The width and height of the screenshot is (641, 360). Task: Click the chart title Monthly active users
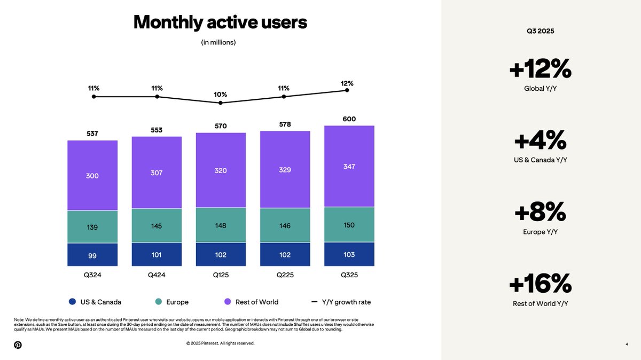220,22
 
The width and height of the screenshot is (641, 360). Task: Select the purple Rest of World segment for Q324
92,175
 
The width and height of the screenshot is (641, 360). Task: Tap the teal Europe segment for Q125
221,225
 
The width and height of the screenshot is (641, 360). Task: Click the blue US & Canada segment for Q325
349,254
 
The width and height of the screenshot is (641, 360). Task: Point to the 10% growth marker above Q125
221,103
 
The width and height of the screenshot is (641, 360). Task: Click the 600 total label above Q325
349,119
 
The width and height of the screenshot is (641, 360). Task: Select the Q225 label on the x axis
285,275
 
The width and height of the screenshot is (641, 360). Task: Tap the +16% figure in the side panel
540,283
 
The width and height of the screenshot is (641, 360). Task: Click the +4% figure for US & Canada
540,140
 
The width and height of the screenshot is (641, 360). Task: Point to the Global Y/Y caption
540,88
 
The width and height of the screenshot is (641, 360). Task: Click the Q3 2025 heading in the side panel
540,31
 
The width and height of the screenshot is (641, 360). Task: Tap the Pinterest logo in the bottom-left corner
18,345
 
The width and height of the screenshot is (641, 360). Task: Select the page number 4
626,345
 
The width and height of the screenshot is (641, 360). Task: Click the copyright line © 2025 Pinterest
220,343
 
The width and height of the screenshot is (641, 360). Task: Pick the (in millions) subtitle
218,42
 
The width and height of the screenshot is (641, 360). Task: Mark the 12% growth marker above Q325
347,90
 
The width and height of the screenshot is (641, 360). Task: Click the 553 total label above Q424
157,130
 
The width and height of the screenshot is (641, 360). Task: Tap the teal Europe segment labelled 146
285,225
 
